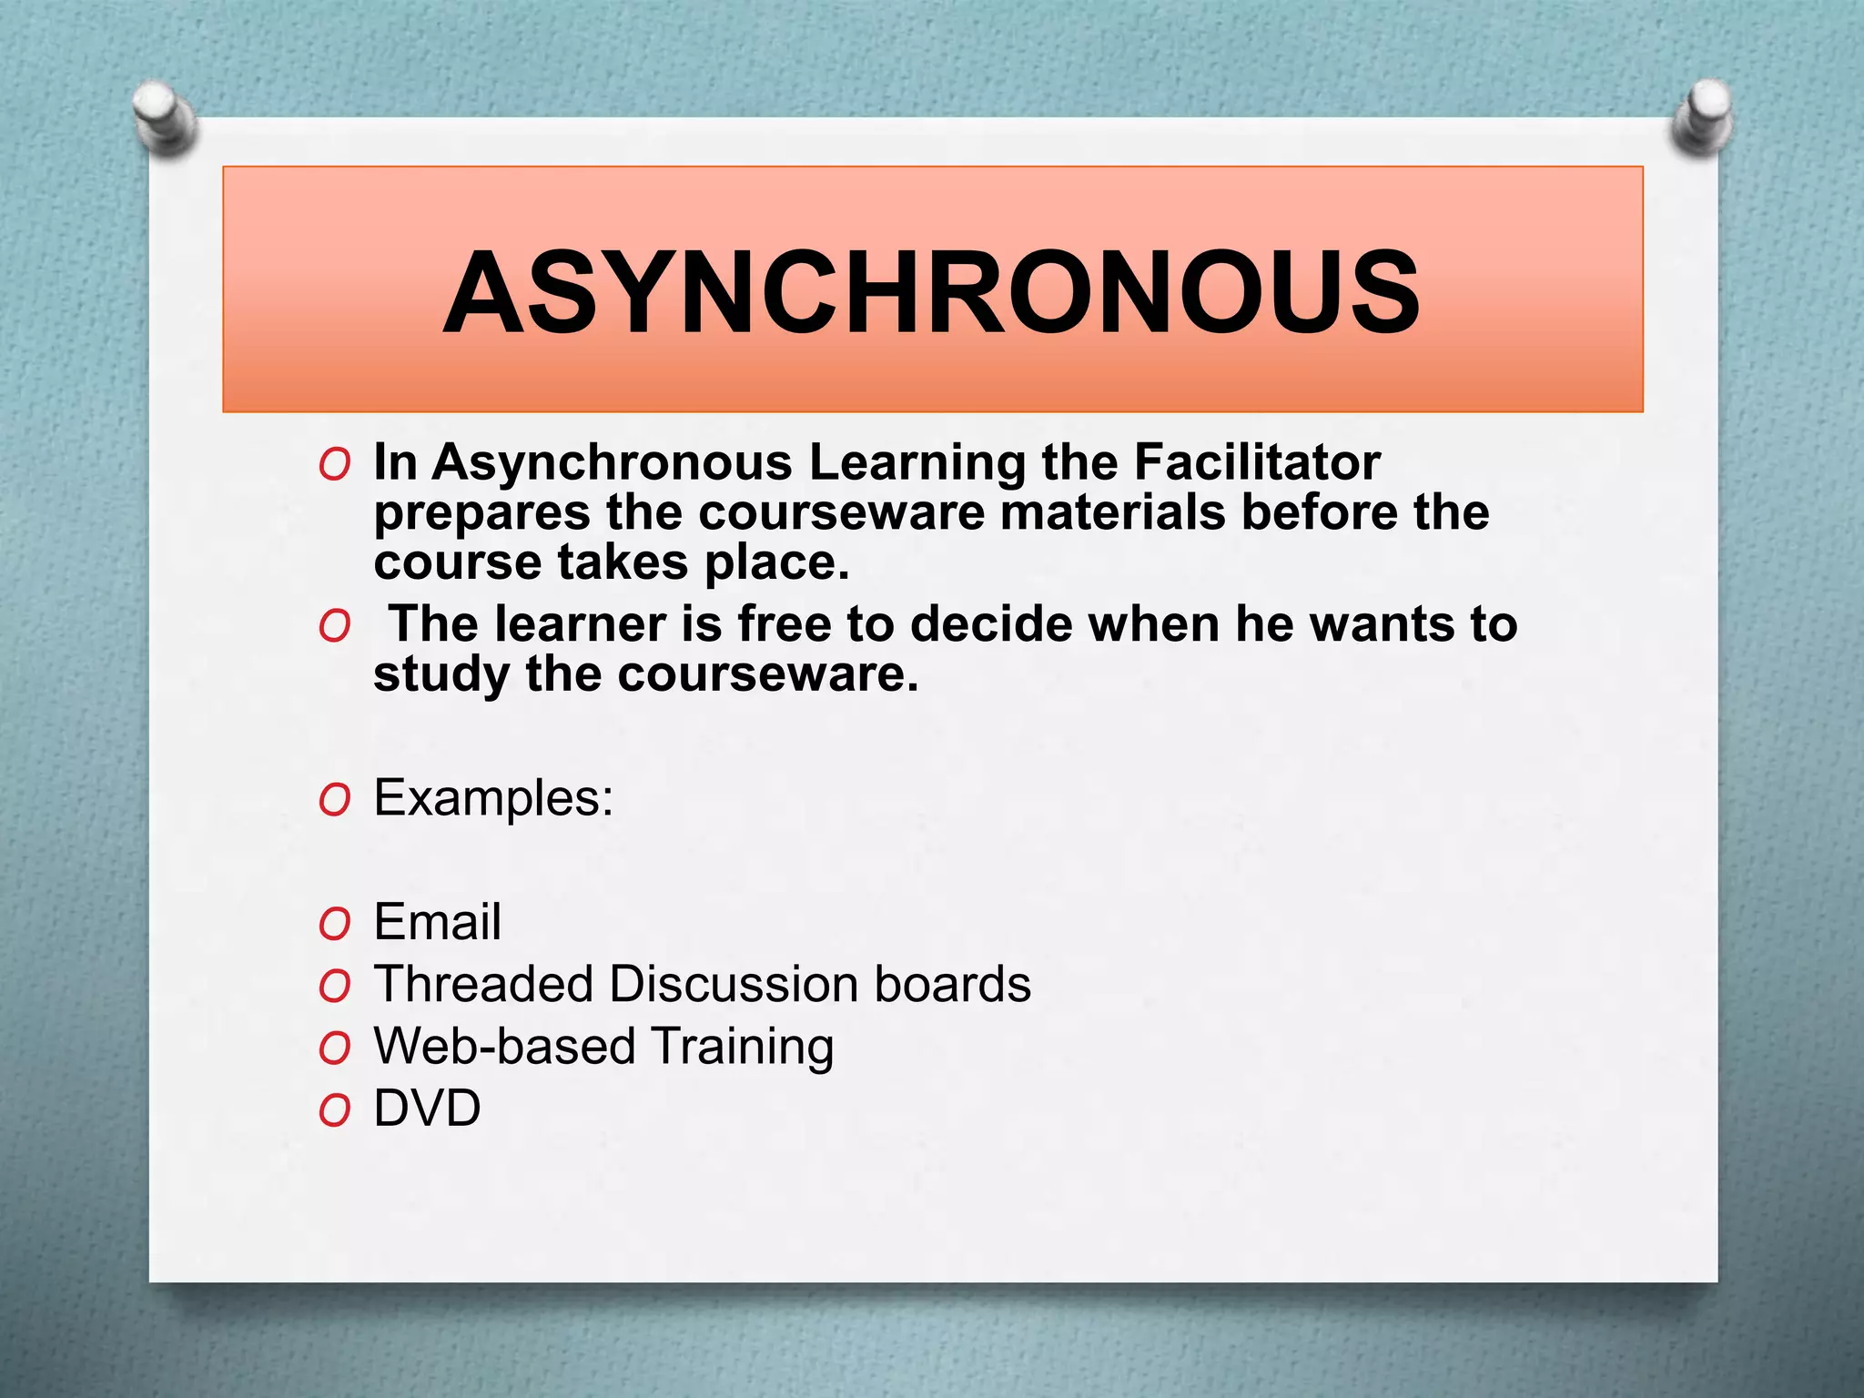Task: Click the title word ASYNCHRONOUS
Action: pyautogui.click(x=930, y=293)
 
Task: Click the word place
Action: pyautogui.click(x=776, y=563)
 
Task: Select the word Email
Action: pyautogui.click(x=437, y=922)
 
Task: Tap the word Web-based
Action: pyautogui.click(x=504, y=1047)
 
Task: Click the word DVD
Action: pyautogui.click(x=427, y=1109)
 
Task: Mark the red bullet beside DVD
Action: pyautogui.click(x=334, y=1111)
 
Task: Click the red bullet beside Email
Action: pyautogui.click(x=334, y=926)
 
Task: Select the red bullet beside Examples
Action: pyautogui.click(x=334, y=802)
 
